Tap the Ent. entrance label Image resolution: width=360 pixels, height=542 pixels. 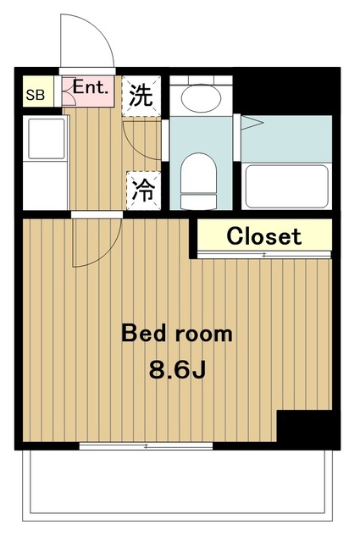(89, 86)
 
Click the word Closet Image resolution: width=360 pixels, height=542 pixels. (263, 236)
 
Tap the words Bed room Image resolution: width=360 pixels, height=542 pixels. (176, 333)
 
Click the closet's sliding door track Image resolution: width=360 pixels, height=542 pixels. (263, 254)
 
